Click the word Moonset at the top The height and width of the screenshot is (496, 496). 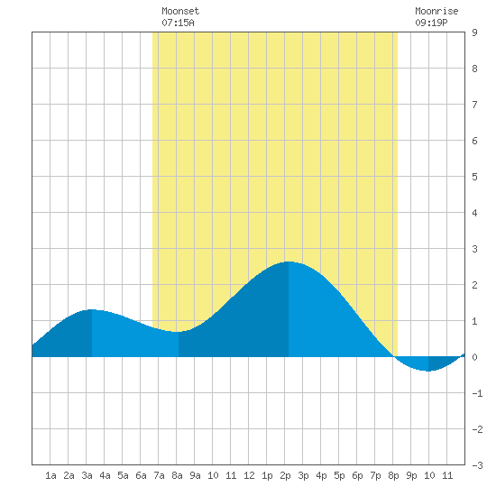(x=180, y=11)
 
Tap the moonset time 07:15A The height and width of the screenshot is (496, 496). (x=178, y=23)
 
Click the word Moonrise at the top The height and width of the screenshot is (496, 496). (x=436, y=11)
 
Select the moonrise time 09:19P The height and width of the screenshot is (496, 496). (x=431, y=23)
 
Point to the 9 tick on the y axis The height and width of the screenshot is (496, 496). (x=474, y=32)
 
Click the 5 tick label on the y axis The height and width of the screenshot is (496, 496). (x=474, y=177)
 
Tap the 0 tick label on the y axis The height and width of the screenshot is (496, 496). (x=474, y=357)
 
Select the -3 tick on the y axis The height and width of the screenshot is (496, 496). (x=477, y=465)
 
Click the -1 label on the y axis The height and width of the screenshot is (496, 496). (x=477, y=393)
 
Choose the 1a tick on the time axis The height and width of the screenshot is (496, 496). (x=51, y=475)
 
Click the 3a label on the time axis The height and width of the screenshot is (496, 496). (x=87, y=475)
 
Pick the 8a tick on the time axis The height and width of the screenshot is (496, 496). (x=177, y=475)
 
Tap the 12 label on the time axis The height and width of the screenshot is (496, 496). (x=249, y=475)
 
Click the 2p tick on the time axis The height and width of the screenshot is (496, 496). (x=285, y=475)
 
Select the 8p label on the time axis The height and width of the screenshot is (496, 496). (x=393, y=475)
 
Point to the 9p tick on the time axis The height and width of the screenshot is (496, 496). (x=411, y=475)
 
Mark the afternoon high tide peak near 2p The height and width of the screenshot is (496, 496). (x=289, y=262)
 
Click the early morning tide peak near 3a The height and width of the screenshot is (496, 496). (x=92, y=309)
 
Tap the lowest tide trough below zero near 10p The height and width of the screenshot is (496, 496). (x=428, y=371)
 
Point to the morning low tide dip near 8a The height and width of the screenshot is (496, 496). (x=179, y=332)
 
